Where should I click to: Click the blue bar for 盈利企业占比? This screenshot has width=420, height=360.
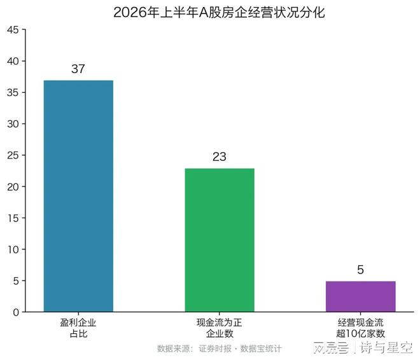(x=78, y=196)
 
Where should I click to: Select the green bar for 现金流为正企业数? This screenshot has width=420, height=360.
(x=220, y=240)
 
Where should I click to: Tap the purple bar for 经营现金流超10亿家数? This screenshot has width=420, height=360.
(x=361, y=296)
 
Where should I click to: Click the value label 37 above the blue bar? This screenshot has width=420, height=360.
(x=78, y=69)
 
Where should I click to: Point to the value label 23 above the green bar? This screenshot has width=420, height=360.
(x=220, y=157)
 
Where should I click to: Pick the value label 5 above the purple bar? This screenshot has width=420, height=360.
(x=361, y=270)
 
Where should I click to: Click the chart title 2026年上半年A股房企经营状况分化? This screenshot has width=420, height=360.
(x=219, y=12)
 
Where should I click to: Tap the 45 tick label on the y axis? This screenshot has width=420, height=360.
(x=13, y=30)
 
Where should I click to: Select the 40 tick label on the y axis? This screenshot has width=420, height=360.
(x=13, y=61)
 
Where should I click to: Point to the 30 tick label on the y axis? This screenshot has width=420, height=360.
(x=13, y=124)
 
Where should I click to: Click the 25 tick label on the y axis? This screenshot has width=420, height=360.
(x=13, y=155)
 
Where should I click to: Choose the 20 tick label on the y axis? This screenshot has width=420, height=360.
(x=13, y=187)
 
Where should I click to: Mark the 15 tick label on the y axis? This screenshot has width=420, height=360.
(x=13, y=218)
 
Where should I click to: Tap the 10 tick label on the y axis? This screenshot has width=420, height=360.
(x=13, y=250)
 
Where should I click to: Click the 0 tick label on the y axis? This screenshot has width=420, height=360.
(x=16, y=312)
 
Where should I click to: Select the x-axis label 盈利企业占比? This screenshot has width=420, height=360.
(x=78, y=328)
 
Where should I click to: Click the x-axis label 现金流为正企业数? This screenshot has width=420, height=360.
(x=220, y=328)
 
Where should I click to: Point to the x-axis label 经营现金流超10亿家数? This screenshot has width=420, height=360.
(x=361, y=328)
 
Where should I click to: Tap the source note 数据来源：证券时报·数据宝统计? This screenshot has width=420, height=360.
(x=220, y=349)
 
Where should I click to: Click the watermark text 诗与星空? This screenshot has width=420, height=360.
(x=386, y=347)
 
